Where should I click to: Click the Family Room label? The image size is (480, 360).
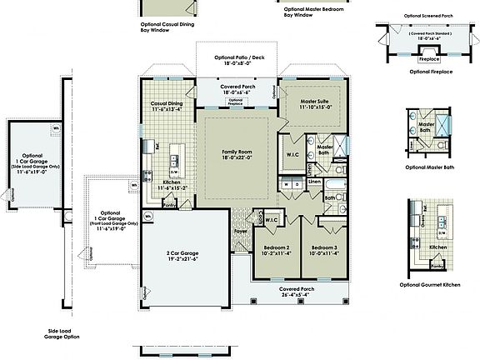(x=237, y=152)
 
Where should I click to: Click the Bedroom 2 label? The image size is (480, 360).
(x=276, y=248)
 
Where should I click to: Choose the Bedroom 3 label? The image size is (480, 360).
(x=323, y=248)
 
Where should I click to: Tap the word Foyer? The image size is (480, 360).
(x=240, y=232)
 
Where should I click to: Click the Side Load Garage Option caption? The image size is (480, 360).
(x=62, y=333)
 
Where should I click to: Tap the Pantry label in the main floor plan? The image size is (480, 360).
(x=169, y=203)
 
